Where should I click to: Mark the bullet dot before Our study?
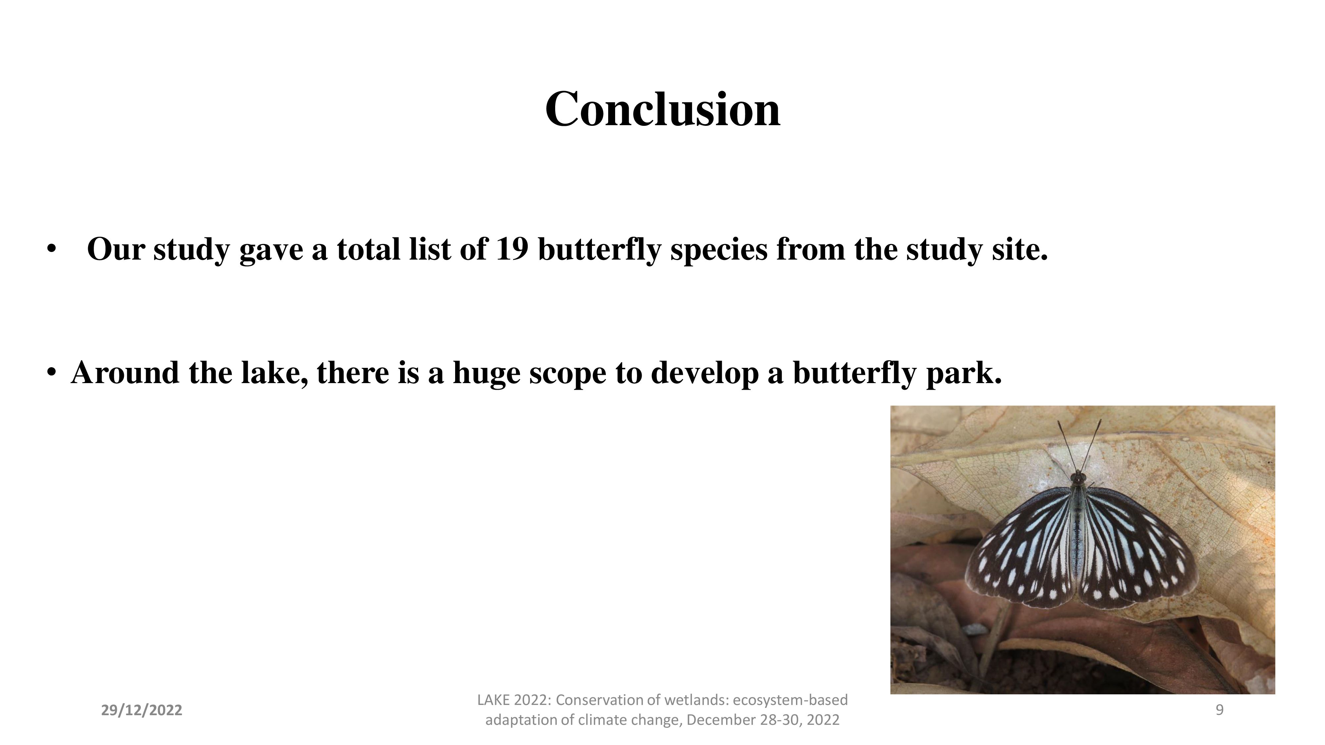click(50, 249)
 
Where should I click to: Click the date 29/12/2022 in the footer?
click(141, 711)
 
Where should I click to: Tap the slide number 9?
click(1219, 710)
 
